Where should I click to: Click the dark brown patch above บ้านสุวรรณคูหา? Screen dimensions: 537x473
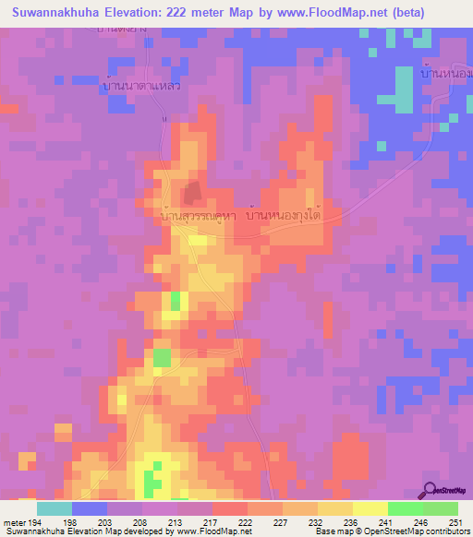pos(192,193)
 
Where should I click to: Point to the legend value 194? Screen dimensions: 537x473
pos(37,521)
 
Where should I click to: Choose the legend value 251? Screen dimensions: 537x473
pos(455,521)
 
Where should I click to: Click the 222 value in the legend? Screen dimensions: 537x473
pos(247,521)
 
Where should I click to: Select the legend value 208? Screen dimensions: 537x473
pos(141,521)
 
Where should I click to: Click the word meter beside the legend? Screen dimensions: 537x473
pos(15,521)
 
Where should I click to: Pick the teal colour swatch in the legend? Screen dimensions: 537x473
pos(54,508)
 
